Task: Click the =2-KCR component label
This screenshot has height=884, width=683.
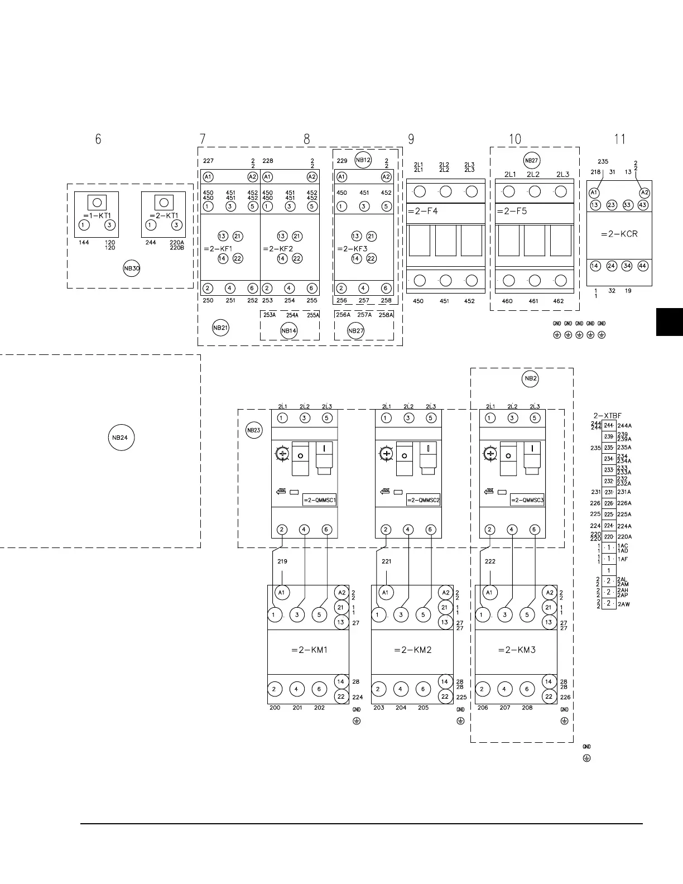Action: [x=619, y=234]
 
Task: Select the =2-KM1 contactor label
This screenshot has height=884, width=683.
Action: [x=309, y=650]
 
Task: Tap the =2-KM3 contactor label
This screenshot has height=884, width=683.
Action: [x=517, y=650]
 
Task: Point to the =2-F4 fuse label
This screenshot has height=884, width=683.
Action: [x=422, y=211]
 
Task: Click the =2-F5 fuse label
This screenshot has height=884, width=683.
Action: [x=511, y=211]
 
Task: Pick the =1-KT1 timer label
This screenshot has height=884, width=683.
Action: [x=97, y=215]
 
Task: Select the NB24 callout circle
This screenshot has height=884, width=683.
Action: [x=120, y=438]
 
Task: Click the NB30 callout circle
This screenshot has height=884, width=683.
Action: [x=132, y=268]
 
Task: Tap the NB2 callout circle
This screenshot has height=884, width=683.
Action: [x=530, y=378]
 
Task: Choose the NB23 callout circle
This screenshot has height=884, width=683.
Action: [x=253, y=430]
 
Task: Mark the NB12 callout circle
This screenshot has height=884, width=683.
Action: [x=363, y=160]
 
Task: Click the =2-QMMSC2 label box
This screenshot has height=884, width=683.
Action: [x=423, y=500]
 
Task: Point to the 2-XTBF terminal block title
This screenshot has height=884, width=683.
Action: [x=607, y=416]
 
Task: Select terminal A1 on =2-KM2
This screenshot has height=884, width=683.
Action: [x=386, y=593]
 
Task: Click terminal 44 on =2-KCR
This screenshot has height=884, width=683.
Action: [x=643, y=266]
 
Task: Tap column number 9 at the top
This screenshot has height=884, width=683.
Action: [x=411, y=139]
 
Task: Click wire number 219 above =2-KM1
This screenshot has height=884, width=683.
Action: [x=282, y=561]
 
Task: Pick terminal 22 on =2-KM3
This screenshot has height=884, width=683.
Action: [x=549, y=696]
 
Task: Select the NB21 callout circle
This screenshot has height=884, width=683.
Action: [x=220, y=328]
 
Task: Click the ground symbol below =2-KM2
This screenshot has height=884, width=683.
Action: [x=460, y=721]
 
